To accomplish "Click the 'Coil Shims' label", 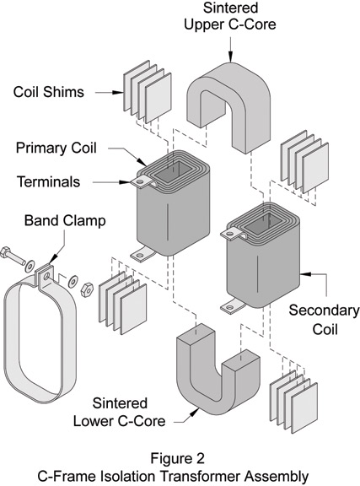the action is click(x=49, y=92).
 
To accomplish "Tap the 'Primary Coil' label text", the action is click(x=56, y=148).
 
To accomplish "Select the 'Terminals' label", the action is click(x=49, y=181).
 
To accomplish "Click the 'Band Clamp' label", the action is click(x=65, y=221).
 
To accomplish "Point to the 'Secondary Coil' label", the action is click(x=324, y=320).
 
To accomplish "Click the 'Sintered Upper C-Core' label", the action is click(x=230, y=16).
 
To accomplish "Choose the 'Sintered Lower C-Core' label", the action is click(x=119, y=413).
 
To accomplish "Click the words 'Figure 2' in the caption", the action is click(x=178, y=458).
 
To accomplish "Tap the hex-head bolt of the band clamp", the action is click(x=13, y=256).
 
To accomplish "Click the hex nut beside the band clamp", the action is click(x=87, y=289).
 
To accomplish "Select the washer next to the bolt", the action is click(x=30, y=267).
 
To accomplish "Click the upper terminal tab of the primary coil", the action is click(x=142, y=181).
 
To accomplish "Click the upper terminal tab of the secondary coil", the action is click(x=233, y=233).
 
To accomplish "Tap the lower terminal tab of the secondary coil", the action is click(x=232, y=306).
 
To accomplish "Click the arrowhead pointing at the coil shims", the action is click(x=118, y=92).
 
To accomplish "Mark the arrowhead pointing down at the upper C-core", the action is click(x=230, y=57).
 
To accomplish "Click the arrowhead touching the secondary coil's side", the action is click(x=305, y=274).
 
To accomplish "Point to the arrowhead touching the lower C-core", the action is click(x=195, y=413).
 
